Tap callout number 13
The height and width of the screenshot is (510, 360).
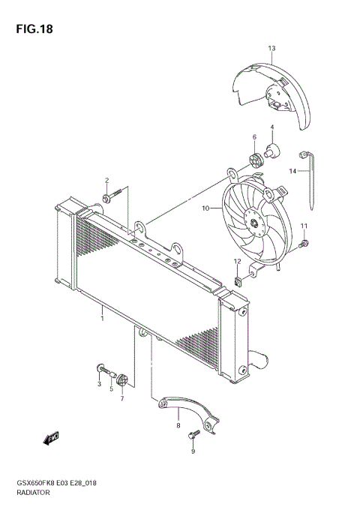click(271, 48)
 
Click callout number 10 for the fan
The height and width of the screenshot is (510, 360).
click(205, 209)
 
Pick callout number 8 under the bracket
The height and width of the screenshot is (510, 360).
click(178, 426)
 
